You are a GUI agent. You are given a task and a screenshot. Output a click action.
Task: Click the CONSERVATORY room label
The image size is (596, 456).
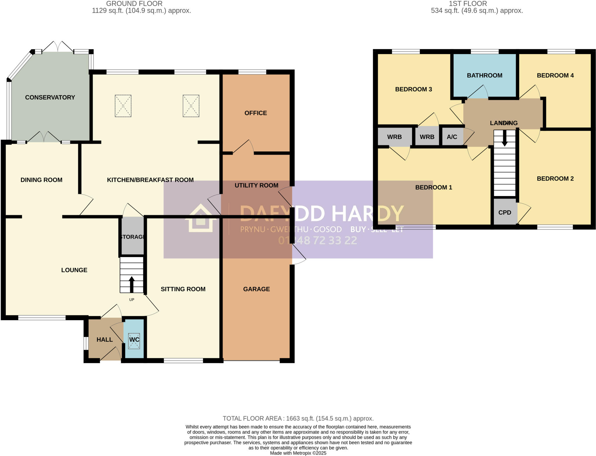coord(50,97)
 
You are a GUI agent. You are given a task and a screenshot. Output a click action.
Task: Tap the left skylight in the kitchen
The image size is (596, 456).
coord(123,106)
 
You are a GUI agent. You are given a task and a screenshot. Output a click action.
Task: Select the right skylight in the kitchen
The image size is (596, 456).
coord(191,106)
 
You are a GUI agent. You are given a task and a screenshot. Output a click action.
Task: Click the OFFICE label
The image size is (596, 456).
coord(256,113)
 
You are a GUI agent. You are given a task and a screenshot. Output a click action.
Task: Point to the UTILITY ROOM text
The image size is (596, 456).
coord(256,186)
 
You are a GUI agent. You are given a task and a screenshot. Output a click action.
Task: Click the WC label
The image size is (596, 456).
coord(134,340)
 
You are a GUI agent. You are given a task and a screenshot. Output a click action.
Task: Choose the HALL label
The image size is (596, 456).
coord(104,340)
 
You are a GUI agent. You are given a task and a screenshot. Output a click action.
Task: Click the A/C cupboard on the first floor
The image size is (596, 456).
coord(452,137)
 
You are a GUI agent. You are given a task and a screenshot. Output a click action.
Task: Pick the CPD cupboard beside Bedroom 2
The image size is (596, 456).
coord(505,213)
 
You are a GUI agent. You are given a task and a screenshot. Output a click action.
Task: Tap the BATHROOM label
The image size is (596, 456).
coord(485,76)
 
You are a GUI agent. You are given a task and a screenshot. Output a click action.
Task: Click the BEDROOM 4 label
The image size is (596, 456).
coord(555,76)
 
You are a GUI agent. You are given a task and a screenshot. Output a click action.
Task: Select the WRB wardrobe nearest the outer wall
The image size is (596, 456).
coord(394,137)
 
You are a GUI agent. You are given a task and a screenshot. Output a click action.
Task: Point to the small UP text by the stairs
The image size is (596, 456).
coord(132,300)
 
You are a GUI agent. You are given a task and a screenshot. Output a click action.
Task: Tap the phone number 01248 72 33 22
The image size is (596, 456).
coord(317,241)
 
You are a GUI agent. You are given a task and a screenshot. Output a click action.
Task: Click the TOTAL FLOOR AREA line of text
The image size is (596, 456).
coord(298,418)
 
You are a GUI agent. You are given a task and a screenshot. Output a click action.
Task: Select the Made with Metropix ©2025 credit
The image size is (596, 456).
coord(298,453)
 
